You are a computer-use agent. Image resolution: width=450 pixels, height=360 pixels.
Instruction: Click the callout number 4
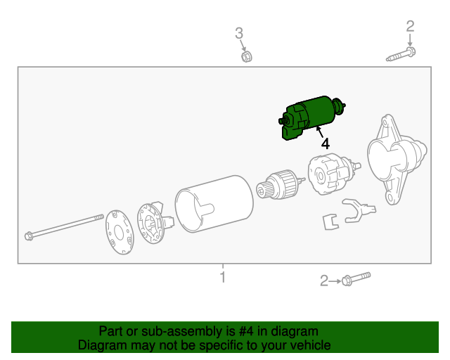[x=324, y=143]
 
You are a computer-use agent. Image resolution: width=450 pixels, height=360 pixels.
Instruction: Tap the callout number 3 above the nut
[x=239, y=32]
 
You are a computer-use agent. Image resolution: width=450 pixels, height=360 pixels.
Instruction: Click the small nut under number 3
[x=246, y=55]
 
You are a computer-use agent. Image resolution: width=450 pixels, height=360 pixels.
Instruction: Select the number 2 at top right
[x=410, y=26]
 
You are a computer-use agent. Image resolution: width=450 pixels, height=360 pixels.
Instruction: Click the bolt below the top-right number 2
[x=401, y=54]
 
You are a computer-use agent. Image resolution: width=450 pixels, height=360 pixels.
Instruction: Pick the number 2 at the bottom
[x=324, y=281]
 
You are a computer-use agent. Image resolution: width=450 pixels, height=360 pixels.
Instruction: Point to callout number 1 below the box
[x=223, y=277]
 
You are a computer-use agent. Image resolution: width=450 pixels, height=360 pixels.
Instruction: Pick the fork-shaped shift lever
[x=356, y=210]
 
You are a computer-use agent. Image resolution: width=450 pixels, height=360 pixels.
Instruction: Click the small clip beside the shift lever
[x=328, y=221]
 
